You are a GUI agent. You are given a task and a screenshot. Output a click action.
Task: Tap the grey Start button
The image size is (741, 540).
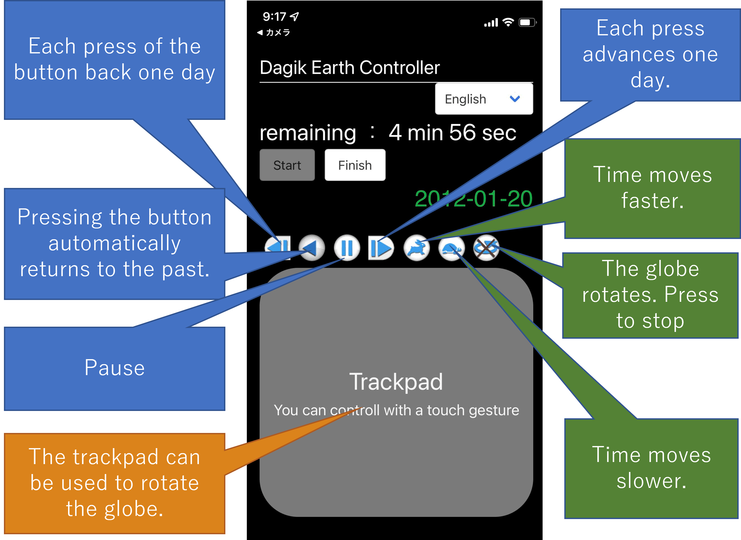[287, 165]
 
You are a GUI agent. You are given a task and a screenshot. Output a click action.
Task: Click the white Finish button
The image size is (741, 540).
[355, 165]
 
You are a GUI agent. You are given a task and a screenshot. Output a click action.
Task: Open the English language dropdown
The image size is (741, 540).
[484, 99]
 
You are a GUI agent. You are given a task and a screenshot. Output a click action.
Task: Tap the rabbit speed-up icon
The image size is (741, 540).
[416, 248]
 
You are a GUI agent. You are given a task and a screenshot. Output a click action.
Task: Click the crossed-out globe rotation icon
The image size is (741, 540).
[486, 248]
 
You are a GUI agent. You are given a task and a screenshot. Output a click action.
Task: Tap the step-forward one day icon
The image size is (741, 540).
[381, 248]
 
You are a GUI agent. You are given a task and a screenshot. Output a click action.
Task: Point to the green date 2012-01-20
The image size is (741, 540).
[473, 199]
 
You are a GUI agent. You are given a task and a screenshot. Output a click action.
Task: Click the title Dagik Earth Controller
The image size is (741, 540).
[349, 68]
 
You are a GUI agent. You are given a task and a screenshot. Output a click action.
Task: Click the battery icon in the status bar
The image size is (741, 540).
[527, 23]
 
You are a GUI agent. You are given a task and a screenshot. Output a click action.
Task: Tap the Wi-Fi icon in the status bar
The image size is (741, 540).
[508, 22]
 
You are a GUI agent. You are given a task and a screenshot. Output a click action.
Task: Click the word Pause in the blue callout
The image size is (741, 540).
[114, 368]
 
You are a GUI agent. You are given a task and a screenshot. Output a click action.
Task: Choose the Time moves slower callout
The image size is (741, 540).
[651, 468]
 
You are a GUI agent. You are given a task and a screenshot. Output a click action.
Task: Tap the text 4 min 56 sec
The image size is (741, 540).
[452, 133]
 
